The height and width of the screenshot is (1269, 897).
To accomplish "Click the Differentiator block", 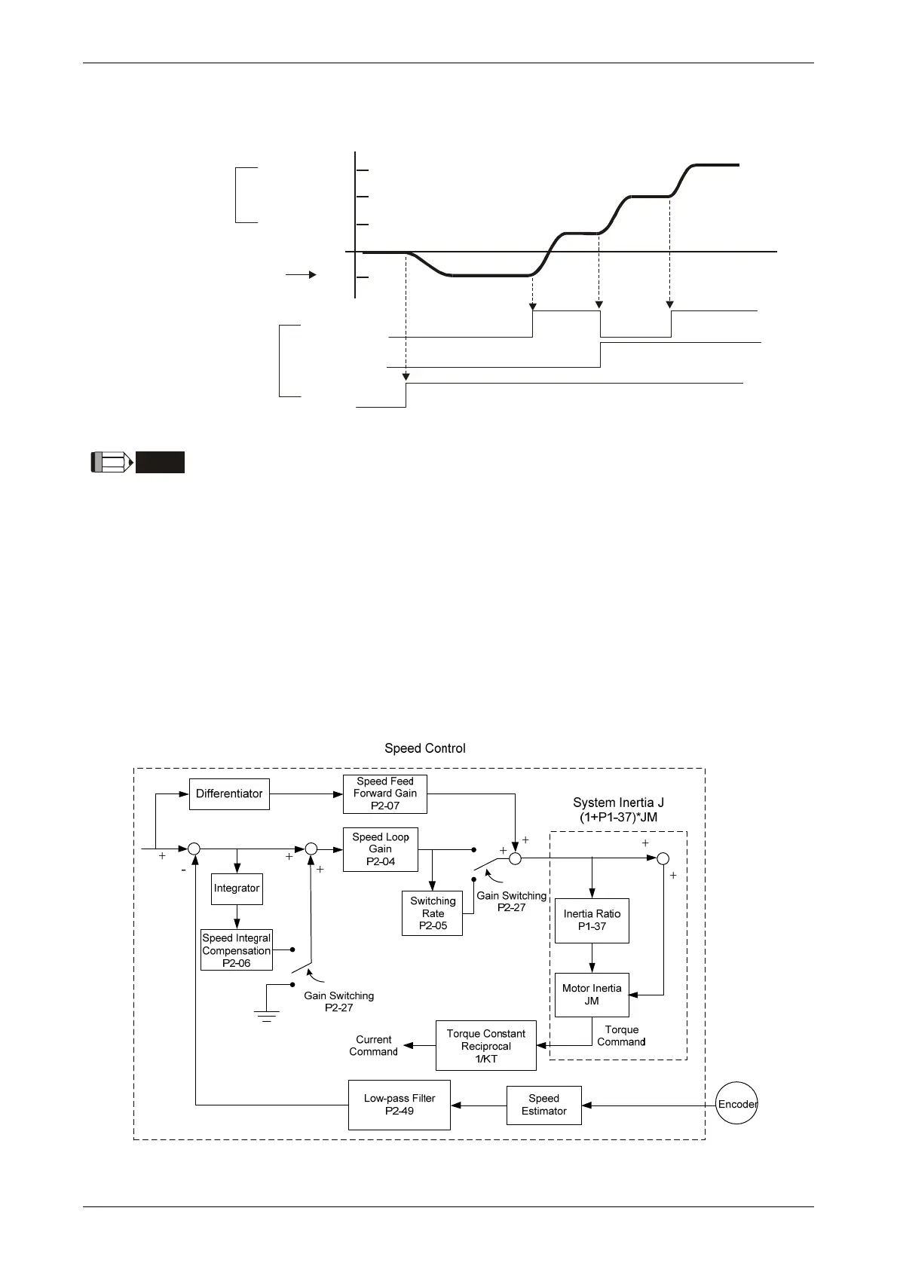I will (229, 794).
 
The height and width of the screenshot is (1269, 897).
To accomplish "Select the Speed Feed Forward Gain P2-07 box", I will (384, 794).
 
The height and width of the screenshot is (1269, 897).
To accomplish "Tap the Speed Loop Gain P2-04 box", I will (380, 849).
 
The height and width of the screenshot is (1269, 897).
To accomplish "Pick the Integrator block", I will (236, 888).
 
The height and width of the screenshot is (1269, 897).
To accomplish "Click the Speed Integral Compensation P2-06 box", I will (236, 950).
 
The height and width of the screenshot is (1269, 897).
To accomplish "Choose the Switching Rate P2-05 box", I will (432, 913).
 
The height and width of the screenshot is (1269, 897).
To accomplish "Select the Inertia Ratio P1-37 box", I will (592, 920).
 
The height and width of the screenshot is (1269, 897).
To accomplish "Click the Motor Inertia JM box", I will (592, 995).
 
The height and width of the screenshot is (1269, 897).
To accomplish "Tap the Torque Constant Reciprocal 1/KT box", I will (485, 1046).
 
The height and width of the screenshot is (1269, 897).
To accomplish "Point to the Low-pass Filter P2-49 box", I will (399, 1105).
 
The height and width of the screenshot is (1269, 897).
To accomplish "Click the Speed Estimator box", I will (543, 1105).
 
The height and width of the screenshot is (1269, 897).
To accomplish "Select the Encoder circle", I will (736, 1105).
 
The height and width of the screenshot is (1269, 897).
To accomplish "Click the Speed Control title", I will (425, 748).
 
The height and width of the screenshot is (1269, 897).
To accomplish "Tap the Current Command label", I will (373, 1045).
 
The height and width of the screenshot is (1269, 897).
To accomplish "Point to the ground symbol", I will (267, 1016).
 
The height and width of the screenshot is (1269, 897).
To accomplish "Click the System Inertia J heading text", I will (618, 803).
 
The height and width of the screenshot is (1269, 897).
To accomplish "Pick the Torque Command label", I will (621, 1035).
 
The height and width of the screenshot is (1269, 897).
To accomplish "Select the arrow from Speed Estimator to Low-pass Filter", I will (479, 1105).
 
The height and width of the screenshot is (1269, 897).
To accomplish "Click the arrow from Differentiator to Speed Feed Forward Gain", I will (306, 794).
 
